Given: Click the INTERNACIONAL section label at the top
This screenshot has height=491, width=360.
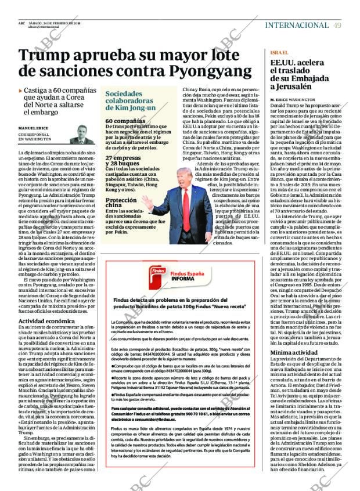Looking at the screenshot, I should tap(297, 25).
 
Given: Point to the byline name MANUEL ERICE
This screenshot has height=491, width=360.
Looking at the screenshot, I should tap(33, 128).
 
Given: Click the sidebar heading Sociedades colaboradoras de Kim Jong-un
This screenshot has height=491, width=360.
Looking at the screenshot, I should tap(131, 100).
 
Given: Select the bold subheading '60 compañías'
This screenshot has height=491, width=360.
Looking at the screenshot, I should tap(125, 121).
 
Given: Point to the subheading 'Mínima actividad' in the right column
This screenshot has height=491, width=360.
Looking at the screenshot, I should tap(294, 352).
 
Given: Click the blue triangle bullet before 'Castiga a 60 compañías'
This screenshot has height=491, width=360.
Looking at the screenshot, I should tap(20, 91).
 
